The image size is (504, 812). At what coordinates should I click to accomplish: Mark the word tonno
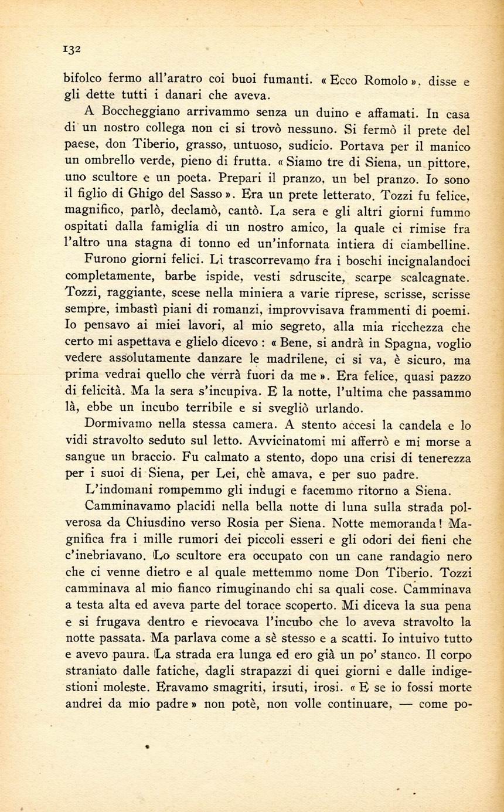coord(197,243)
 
